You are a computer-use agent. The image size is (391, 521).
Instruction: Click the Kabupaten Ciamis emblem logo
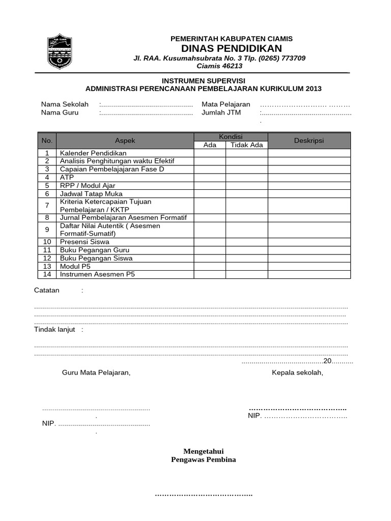(60, 52)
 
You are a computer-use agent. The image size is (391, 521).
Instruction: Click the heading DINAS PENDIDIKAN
(232, 48)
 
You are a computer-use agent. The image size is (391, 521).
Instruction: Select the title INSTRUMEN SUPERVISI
(203, 80)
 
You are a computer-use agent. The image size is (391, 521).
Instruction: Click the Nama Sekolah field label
(65, 104)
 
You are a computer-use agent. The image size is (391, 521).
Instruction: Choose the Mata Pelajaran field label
(226, 104)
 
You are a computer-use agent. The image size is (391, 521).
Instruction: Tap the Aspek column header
(125, 140)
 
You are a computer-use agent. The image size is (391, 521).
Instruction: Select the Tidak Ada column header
(247, 145)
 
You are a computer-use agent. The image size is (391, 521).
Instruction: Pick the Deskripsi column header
(309, 140)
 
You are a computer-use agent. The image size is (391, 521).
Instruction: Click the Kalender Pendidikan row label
(93, 153)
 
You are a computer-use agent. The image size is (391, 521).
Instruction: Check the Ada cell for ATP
(210, 178)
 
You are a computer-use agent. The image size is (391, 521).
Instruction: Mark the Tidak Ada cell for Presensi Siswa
(247, 242)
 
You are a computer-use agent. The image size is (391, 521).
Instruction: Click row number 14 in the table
(47, 274)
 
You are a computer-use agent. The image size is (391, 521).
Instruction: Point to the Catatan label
(47, 291)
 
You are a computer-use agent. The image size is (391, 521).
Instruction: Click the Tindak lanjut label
(54, 329)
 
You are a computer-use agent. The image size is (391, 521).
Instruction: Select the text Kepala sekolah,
(297, 372)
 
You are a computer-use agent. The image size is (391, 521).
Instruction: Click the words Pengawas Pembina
(203, 459)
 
